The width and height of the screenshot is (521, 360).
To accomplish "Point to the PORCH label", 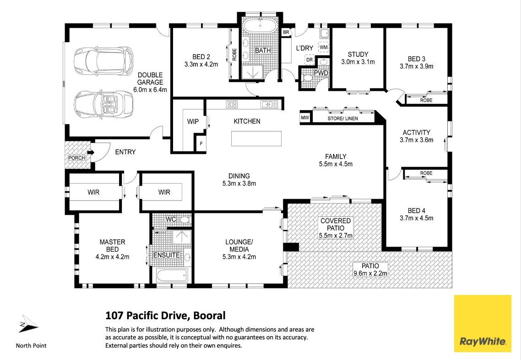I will click(76, 158).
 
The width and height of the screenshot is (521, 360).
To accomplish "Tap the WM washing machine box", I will click(323, 48).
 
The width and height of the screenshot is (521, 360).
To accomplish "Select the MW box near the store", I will click(305, 118).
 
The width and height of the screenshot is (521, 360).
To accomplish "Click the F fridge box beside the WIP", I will click(201, 143).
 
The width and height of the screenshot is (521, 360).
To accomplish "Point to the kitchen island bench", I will click(256, 138).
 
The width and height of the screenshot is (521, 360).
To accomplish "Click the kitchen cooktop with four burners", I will click(232, 105).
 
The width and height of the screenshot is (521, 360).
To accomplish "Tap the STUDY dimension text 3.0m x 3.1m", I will click(358, 62).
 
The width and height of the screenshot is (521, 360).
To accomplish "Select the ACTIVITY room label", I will click(416, 132).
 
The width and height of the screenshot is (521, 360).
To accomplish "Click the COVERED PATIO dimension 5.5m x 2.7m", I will click(335, 235).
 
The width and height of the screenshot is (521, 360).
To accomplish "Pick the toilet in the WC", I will click(185, 220).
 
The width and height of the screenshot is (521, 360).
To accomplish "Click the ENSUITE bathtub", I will click(172, 276).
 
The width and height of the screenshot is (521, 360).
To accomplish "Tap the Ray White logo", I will click(483, 323).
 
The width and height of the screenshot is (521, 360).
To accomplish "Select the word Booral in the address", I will click(208, 316).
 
